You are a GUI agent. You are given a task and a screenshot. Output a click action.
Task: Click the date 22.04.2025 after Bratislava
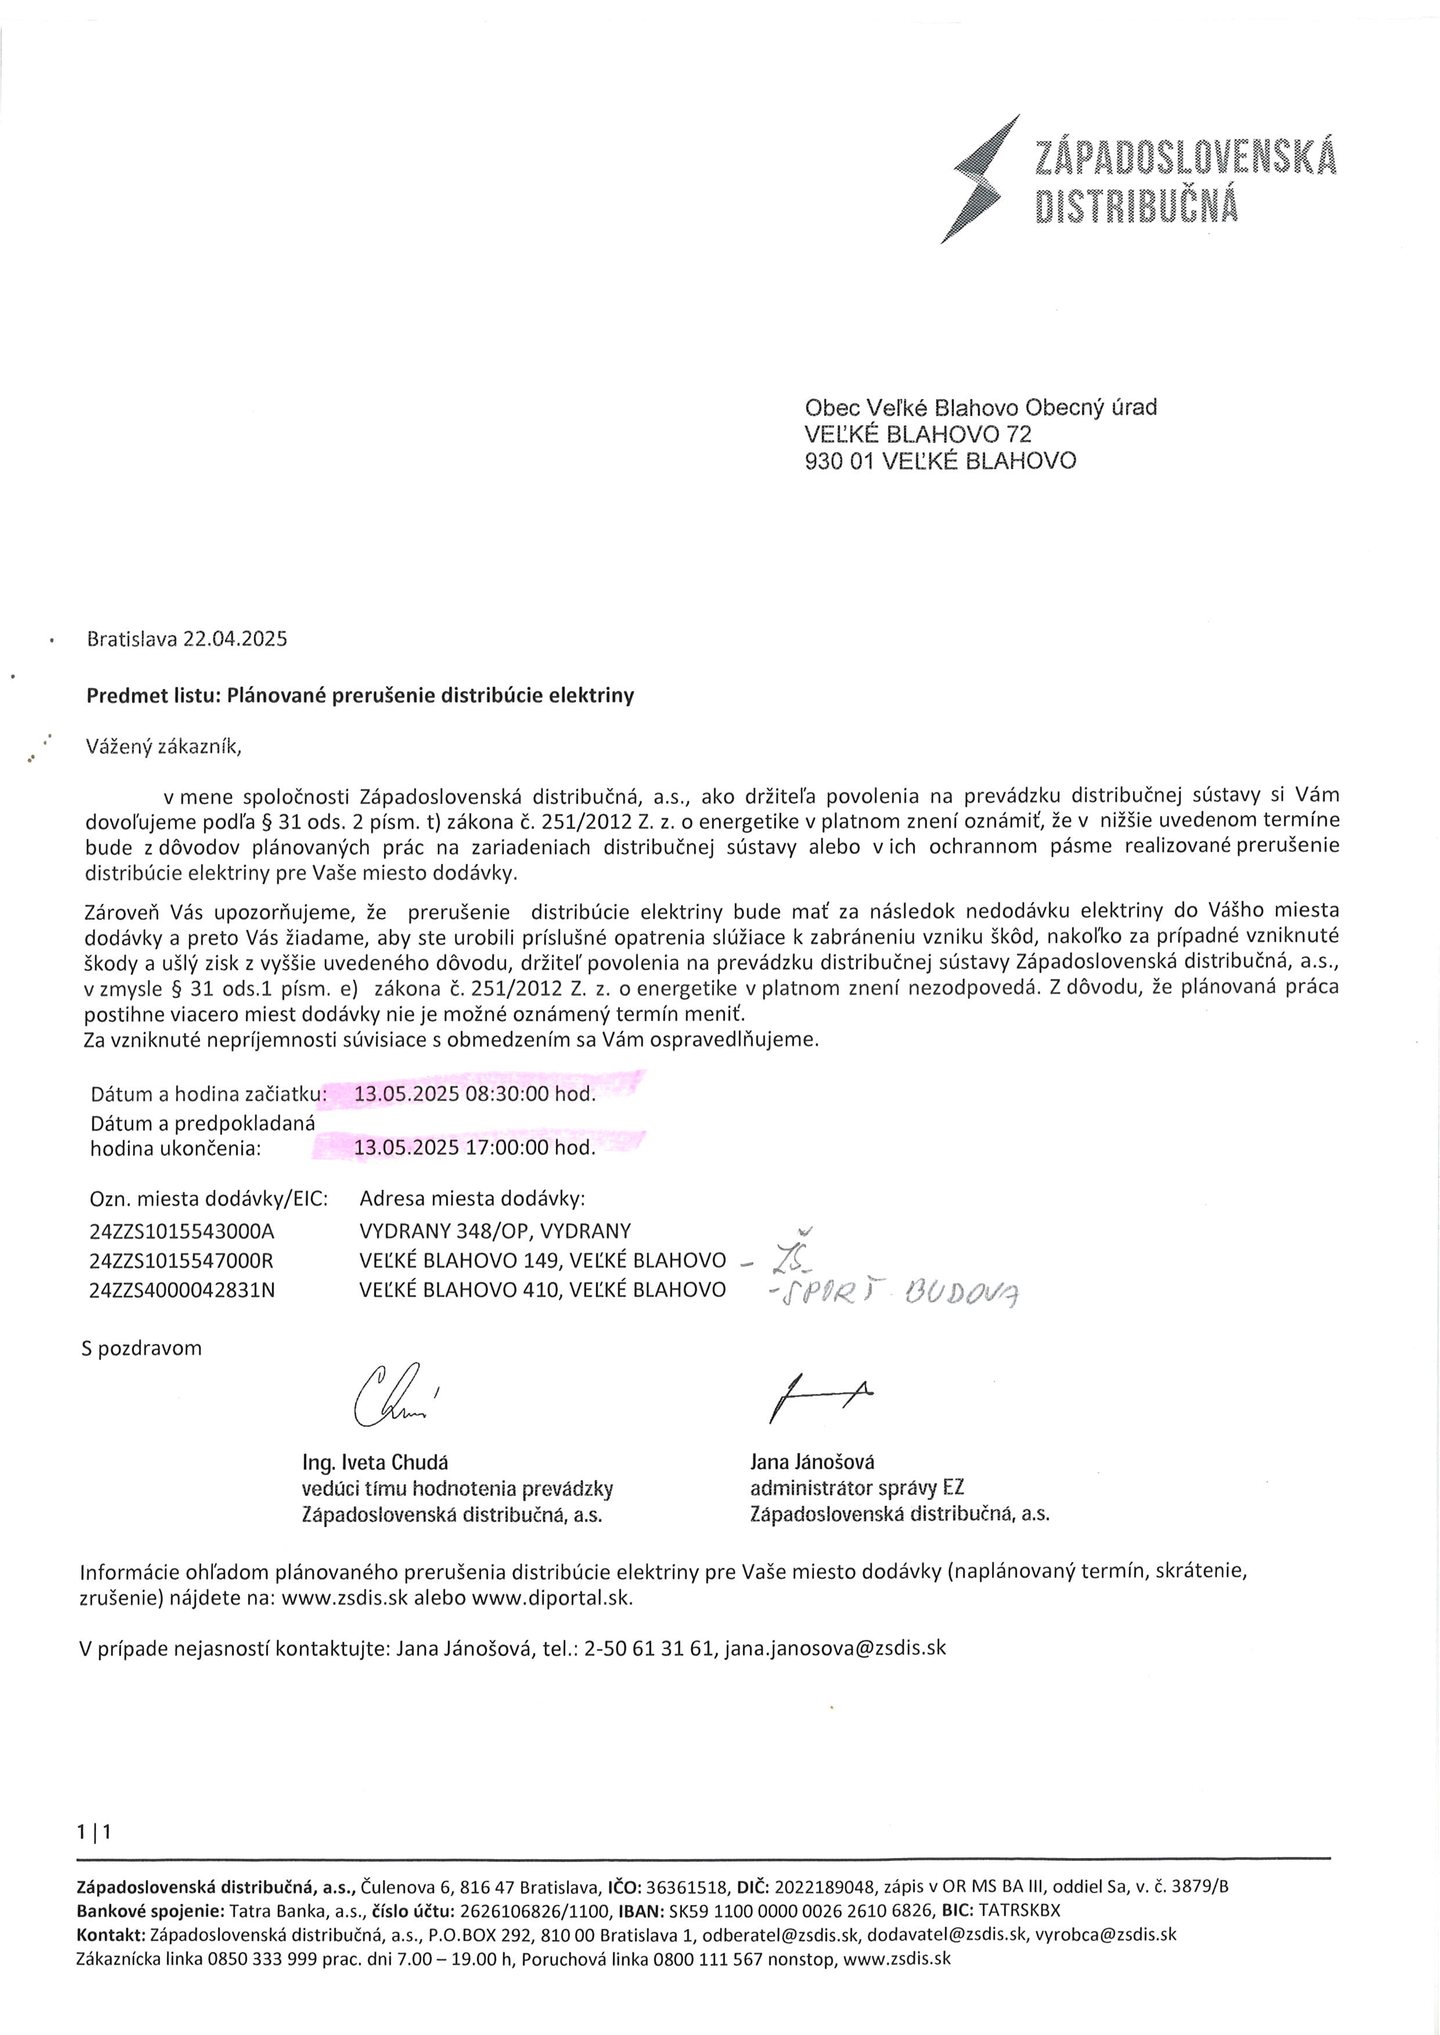[235, 639]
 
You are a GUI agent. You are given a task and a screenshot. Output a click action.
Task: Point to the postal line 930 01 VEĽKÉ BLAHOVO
[940, 460]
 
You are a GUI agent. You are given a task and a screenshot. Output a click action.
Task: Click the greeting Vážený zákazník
[164, 746]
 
